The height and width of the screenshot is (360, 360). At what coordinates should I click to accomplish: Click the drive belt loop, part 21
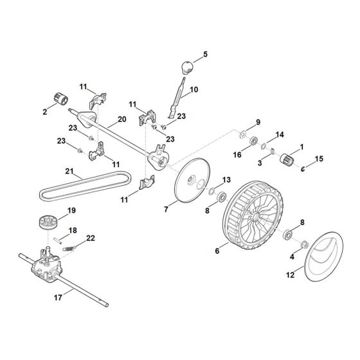pos(84,191)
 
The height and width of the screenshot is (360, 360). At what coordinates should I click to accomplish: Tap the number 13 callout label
pos(225,179)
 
